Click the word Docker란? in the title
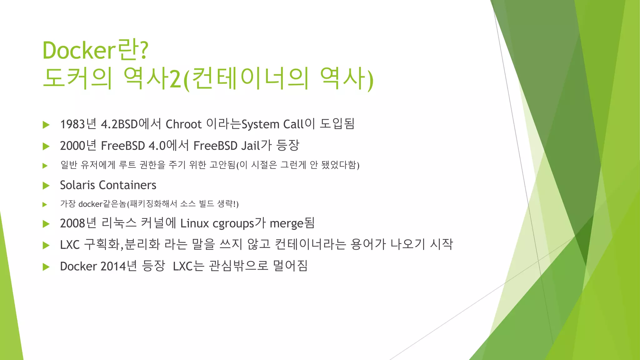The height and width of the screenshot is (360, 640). pos(95,50)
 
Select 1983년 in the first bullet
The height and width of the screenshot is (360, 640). pos(78,124)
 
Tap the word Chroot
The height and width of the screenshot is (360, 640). pos(183,124)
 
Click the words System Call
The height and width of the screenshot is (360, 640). pos(272,124)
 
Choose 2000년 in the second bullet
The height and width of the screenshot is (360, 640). pos(78,146)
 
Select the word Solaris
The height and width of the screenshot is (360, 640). pos(77,185)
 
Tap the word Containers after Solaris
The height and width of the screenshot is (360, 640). pos(127,185)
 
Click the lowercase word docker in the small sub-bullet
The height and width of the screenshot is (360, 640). pos(90,204)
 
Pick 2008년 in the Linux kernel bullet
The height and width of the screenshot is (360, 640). pos(78,223)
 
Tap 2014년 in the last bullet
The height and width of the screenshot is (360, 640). pos(119,266)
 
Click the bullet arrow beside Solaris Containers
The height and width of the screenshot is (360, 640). pos(46,186)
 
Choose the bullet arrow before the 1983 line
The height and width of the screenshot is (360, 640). pos(46,125)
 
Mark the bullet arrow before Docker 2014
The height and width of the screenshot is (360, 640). pos(46,267)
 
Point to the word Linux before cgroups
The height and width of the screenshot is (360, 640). pos(194,223)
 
